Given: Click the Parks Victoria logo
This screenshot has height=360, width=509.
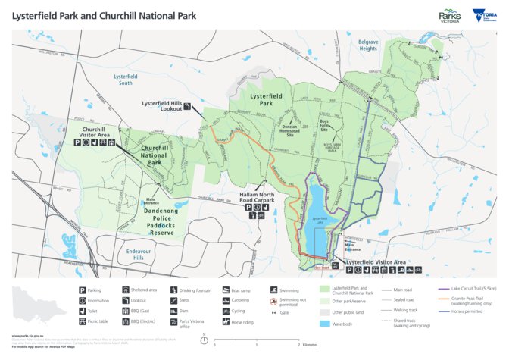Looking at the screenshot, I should coord(448,16).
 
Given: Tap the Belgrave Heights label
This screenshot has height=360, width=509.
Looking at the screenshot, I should coord(368,45).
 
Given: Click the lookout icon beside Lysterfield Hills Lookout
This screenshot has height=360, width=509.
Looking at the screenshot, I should coord(186,108).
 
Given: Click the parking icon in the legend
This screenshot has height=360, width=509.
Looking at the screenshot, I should coord(83,290).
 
